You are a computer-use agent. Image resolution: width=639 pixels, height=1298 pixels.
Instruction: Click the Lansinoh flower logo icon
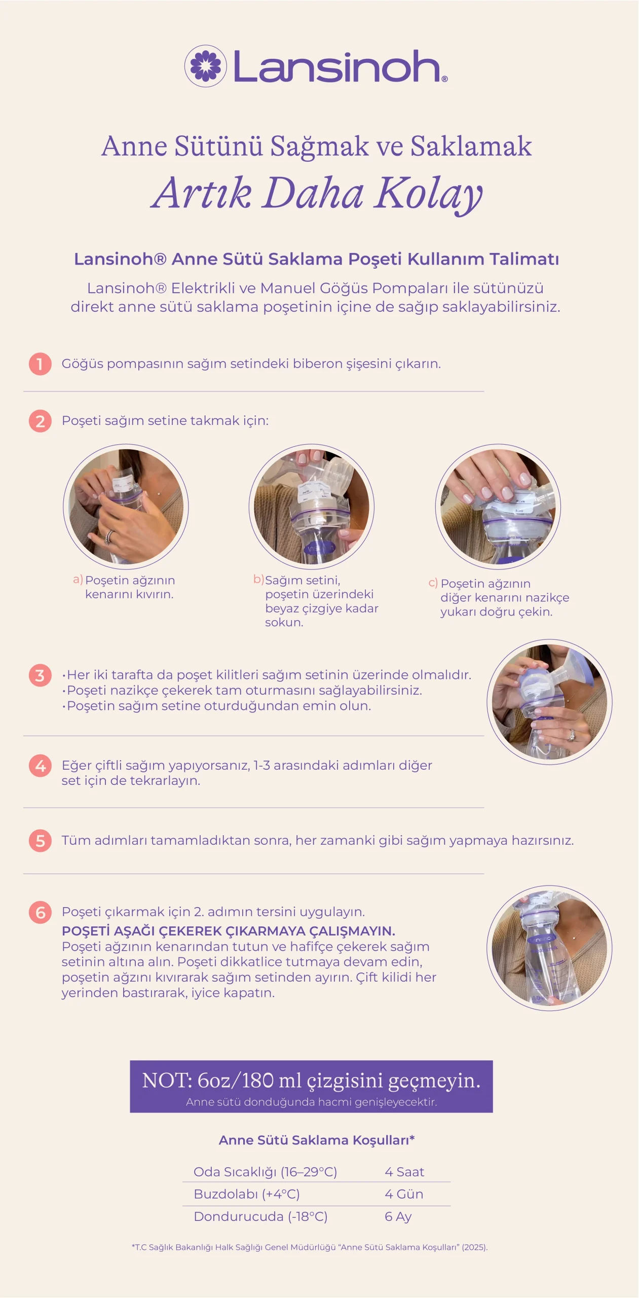click(x=205, y=66)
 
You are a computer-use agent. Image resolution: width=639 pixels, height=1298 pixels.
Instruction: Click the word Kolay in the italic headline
click(x=428, y=194)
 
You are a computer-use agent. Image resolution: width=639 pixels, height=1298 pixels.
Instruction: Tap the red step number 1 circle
click(x=40, y=364)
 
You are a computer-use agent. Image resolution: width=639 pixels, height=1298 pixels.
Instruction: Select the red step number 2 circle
click(x=40, y=421)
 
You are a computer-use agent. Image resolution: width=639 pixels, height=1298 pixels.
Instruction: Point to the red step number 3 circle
click(x=40, y=675)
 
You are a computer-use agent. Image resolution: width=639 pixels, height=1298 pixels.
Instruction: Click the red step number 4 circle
click(x=40, y=766)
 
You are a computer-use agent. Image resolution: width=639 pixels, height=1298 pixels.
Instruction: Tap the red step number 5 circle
click(x=40, y=841)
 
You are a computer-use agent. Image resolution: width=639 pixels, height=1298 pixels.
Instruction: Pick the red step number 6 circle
click(x=40, y=912)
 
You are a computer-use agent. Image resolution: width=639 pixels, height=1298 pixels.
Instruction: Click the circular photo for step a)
click(x=126, y=507)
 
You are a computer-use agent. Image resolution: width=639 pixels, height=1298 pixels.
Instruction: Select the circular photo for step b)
click(x=312, y=507)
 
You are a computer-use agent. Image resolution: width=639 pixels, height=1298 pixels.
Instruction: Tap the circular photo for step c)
click(x=498, y=507)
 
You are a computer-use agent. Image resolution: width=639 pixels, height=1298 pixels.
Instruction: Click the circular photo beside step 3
click(x=550, y=702)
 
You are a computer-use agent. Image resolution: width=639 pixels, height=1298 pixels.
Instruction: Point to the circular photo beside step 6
click(x=550, y=948)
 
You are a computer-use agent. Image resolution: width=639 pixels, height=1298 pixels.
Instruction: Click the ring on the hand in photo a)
click(x=109, y=536)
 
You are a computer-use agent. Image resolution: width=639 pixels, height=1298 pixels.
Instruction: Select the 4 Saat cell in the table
click(x=404, y=1172)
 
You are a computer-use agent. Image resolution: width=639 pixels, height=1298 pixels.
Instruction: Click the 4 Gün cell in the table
click(x=404, y=1194)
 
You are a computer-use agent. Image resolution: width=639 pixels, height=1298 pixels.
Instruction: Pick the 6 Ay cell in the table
click(x=398, y=1216)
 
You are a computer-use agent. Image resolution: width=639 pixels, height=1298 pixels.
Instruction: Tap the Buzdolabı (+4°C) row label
click(x=247, y=1194)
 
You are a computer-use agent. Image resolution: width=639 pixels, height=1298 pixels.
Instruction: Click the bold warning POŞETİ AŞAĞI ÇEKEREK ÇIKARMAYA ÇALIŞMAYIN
click(x=228, y=931)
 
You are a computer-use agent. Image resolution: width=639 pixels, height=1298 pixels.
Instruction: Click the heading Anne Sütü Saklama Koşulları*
click(x=317, y=1140)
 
